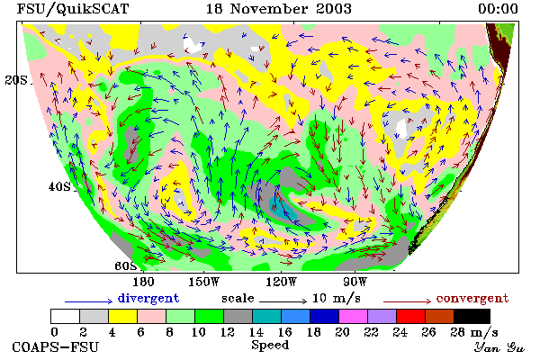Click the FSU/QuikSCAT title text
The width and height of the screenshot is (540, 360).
(x=73, y=9)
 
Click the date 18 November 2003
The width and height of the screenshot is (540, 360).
(x=278, y=9)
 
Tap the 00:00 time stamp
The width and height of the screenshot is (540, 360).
(x=498, y=9)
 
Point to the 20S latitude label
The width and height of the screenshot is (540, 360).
(x=16, y=80)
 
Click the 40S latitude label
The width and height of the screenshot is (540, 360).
(x=59, y=186)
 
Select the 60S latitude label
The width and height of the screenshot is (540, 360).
(x=125, y=265)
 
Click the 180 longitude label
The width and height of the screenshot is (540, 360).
(x=143, y=282)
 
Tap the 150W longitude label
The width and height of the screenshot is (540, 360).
(x=204, y=282)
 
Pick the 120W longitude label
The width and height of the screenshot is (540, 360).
(x=281, y=282)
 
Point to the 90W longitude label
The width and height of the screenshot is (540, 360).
(x=355, y=282)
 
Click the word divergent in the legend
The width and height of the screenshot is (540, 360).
(x=148, y=298)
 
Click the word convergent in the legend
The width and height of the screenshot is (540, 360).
(x=472, y=298)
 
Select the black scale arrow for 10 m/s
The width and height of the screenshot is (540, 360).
(x=283, y=301)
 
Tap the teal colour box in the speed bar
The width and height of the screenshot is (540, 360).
(x=266, y=316)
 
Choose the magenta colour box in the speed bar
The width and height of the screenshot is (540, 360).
(x=353, y=316)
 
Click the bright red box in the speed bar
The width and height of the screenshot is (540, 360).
(x=410, y=316)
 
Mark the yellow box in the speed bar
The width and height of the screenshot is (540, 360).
(x=122, y=316)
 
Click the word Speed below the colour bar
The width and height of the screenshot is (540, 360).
(x=270, y=346)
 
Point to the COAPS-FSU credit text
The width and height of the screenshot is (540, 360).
(x=56, y=346)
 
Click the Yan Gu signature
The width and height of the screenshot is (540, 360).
(x=499, y=347)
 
